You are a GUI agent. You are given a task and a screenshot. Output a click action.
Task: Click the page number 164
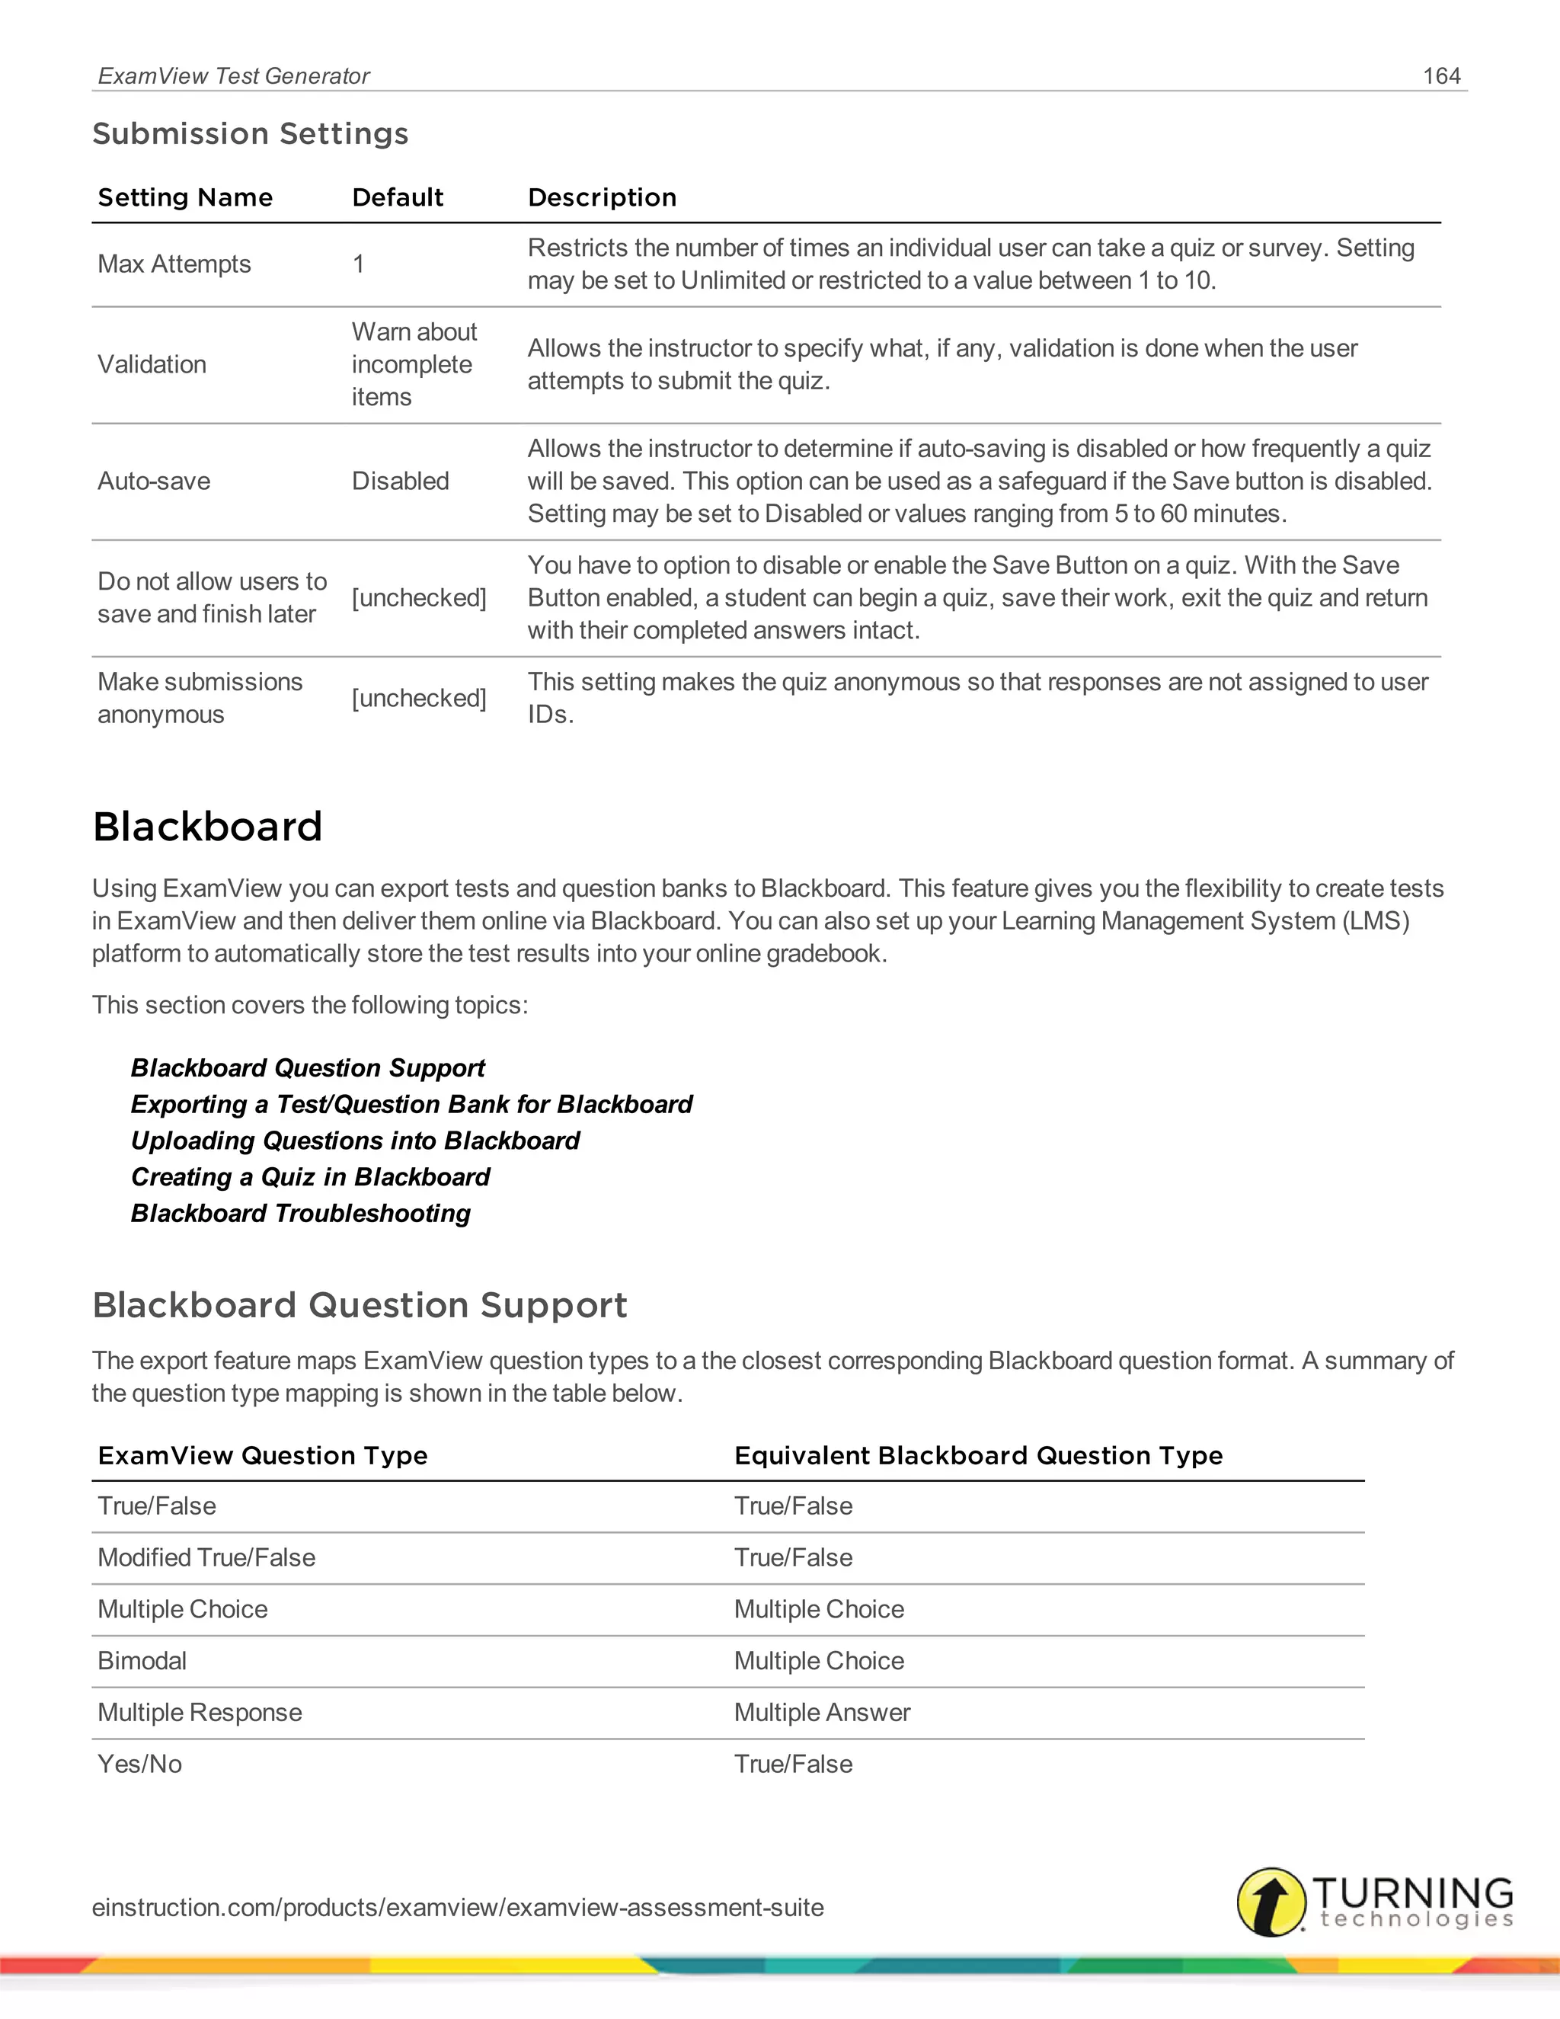[1440, 75]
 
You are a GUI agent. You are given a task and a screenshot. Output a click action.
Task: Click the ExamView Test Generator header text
[233, 75]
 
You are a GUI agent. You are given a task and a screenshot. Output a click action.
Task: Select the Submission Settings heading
[250, 134]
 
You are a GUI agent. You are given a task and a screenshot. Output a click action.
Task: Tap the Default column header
[398, 198]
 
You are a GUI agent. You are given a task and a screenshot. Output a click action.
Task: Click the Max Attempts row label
[174, 264]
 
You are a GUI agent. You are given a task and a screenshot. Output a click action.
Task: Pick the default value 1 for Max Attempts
[359, 264]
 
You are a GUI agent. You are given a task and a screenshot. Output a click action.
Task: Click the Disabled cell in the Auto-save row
[400, 481]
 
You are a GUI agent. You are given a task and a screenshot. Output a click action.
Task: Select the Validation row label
[152, 364]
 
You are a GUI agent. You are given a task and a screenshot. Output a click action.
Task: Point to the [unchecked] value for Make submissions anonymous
[419, 698]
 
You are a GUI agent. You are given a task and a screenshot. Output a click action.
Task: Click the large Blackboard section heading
[208, 827]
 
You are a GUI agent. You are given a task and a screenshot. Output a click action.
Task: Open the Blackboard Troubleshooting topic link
[300, 1213]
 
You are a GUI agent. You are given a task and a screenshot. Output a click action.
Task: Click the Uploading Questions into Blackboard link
[355, 1141]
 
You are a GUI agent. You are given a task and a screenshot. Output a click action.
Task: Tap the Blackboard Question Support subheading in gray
[360, 1305]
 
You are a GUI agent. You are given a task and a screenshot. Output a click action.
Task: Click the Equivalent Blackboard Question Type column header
[978, 1456]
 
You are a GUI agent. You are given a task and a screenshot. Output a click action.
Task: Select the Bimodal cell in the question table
[142, 1661]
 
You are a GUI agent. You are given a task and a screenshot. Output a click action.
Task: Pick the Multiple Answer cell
[822, 1713]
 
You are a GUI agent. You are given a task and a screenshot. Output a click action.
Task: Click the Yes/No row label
[139, 1765]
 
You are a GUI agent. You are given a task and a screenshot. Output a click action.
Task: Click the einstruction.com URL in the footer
[458, 1907]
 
